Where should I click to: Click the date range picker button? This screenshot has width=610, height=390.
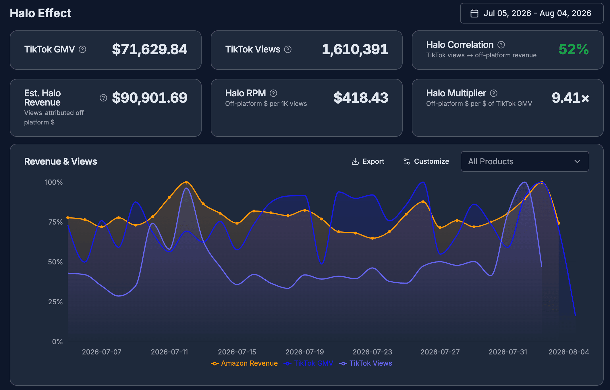pyautogui.click(x=532, y=13)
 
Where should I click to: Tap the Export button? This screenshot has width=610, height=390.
pyautogui.click(x=368, y=161)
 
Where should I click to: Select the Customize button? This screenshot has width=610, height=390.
pyautogui.click(x=426, y=161)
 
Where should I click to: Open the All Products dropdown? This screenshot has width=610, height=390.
pyautogui.click(x=525, y=161)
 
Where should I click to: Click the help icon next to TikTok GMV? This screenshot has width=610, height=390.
pyautogui.click(x=82, y=50)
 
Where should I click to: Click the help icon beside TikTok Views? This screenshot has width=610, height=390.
pyautogui.click(x=288, y=50)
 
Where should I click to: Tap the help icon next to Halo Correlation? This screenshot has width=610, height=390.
pyautogui.click(x=501, y=45)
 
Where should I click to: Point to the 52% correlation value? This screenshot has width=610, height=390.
pyautogui.click(x=574, y=49)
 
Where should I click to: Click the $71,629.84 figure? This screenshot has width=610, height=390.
pyautogui.click(x=150, y=49)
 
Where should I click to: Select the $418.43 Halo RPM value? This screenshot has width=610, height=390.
pyautogui.click(x=361, y=98)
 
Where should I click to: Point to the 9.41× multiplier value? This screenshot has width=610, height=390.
pyautogui.click(x=570, y=98)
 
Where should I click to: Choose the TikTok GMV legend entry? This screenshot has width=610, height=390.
pyautogui.click(x=308, y=363)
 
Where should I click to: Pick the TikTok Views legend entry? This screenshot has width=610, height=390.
pyautogui.click(x=366, y=363)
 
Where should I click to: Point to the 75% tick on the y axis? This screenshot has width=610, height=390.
pyautogui.click(x=55, y=222)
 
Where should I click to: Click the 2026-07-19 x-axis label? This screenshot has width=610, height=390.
pyautogui.click(x=305, y=352)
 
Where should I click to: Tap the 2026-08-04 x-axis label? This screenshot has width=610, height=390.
pyautogui.click(x=569, y=352)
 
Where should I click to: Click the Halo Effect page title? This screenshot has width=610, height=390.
pyautogui.click(x=40, y=13)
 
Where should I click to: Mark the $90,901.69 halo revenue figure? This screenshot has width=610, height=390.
pyautogui.click(x=150, y=98)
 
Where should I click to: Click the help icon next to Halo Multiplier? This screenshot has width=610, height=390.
pyautogui.click(x=494, y=93)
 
